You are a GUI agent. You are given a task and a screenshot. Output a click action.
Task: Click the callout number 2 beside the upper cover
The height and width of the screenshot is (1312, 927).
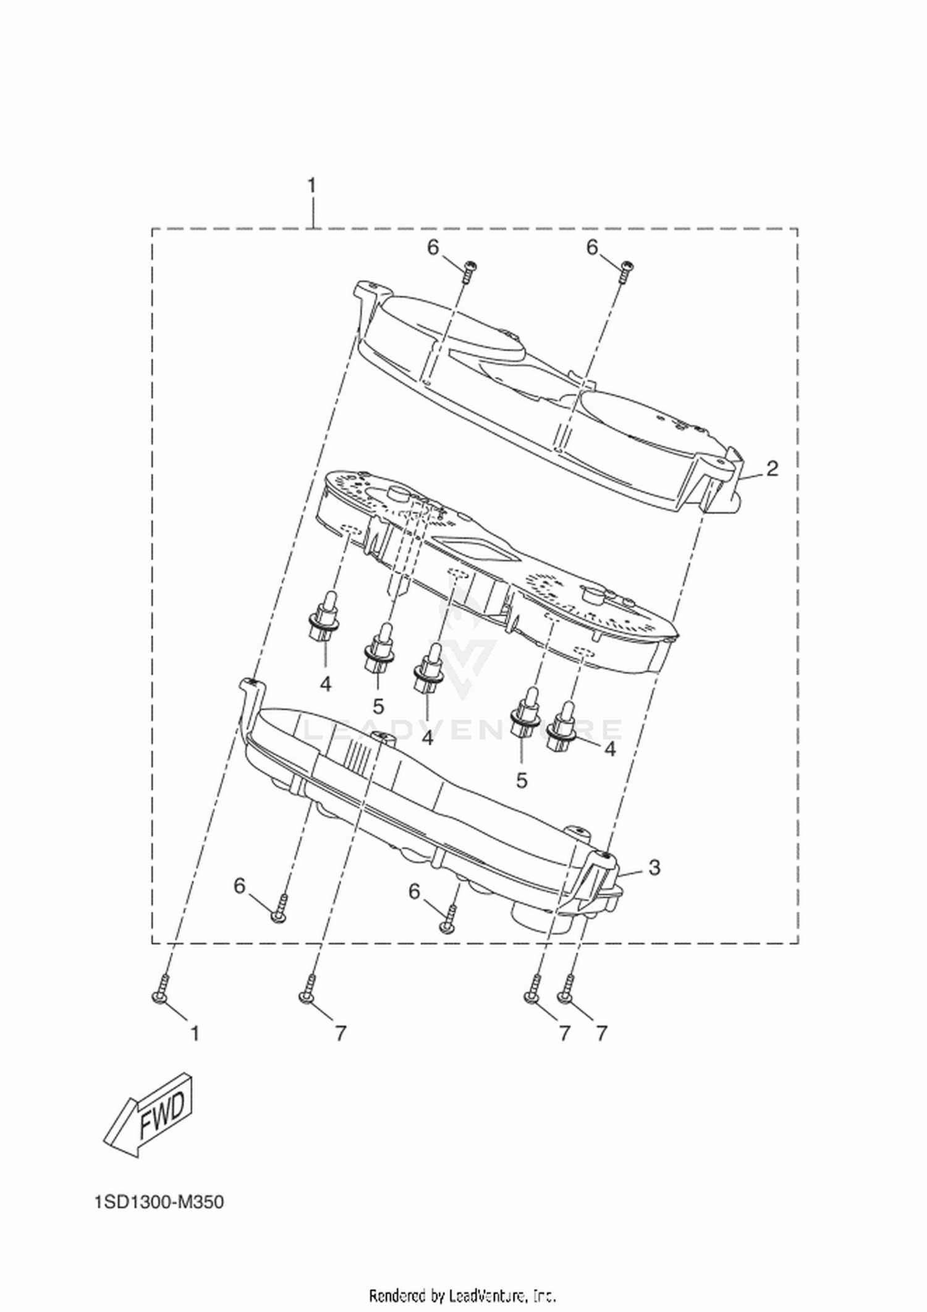click(772, 469)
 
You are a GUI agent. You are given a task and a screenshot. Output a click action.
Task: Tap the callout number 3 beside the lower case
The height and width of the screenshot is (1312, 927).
click(654, 867)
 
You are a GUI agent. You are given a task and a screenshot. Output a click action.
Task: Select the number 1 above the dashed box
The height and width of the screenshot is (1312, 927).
click(312, 185)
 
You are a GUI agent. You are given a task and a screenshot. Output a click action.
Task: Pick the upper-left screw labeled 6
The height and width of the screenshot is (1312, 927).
click(468, 271)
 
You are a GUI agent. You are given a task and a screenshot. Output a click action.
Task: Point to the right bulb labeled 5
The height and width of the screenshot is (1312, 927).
click(527, 712)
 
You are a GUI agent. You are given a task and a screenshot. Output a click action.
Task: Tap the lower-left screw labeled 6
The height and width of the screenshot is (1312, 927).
click(280, 908)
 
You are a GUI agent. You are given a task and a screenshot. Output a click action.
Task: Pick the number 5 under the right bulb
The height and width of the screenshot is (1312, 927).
click(522, 780)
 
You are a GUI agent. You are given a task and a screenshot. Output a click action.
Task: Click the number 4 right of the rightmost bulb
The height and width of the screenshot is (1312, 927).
click(610, 749)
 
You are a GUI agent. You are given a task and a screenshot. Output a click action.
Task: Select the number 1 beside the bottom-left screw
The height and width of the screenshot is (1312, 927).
click(195, 1033)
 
